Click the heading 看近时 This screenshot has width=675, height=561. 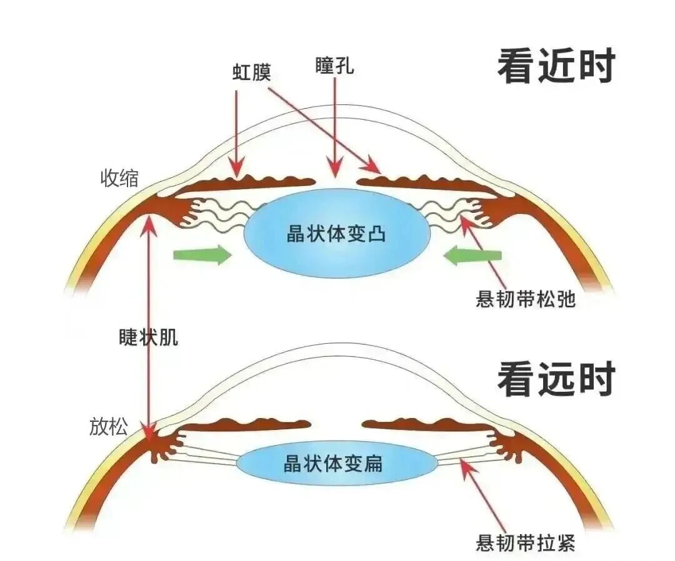[556, 67]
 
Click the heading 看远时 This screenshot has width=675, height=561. [556, 379]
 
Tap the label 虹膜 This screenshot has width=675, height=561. [251, 72]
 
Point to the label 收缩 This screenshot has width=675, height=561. [119, 178]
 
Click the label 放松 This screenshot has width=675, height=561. [109, 426]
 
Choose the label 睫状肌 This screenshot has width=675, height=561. [149, 337]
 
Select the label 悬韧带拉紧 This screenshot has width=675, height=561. [525, 542]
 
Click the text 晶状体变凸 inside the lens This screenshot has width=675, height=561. [336, 234]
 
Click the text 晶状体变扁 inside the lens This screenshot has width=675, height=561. [332, 464]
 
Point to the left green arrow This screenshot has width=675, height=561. [202, 255]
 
